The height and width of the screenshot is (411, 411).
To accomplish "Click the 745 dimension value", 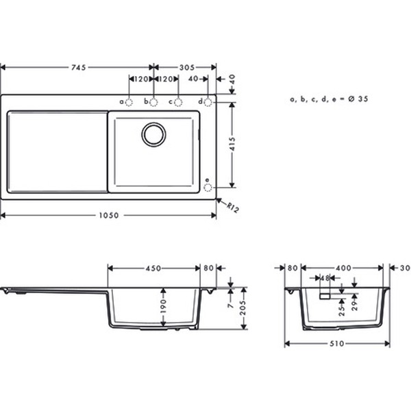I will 77,67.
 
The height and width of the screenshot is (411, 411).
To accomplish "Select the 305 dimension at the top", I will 185,67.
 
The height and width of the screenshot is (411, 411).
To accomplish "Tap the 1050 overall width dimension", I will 108,215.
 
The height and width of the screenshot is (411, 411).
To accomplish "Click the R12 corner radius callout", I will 232,206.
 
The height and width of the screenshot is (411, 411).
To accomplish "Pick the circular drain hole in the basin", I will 153,134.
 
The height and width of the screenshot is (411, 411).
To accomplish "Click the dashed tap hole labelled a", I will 129,102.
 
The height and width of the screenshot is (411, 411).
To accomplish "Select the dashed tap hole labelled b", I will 153,102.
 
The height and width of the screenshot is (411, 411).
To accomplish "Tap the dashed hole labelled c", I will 178,102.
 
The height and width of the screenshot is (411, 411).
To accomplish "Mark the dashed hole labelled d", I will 208,102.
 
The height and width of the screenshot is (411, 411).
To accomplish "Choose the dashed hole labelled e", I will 208,186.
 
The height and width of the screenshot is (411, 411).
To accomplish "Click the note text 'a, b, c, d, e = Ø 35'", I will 329,99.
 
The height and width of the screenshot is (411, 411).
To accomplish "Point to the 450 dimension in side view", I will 153,269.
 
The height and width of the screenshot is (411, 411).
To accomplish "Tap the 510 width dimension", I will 337,344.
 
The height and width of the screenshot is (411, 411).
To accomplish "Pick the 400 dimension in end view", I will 344,269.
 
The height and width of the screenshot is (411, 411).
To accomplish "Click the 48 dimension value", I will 326,278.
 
